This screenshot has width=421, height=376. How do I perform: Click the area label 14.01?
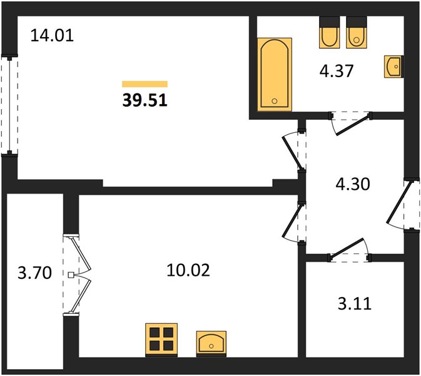52,36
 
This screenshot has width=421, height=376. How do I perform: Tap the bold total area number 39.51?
145,100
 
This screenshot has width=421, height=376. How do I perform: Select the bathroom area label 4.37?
336,71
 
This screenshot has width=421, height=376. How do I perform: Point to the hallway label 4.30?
353,184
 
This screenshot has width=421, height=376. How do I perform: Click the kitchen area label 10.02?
188,270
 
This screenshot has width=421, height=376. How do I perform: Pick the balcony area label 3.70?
34,273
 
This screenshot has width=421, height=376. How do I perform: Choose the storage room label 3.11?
355,304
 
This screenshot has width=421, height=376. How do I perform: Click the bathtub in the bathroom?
275,75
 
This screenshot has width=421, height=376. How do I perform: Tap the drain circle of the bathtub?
275,101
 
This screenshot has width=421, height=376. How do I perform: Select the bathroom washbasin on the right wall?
393,66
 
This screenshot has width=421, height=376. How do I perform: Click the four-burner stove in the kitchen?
161,340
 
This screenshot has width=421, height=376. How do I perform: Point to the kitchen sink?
211,343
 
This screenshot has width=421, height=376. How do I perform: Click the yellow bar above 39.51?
145,84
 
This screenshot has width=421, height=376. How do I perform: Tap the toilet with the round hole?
357,33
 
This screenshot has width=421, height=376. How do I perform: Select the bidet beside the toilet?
330,33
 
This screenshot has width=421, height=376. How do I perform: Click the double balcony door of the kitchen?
77,274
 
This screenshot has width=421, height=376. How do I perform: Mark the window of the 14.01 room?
9,104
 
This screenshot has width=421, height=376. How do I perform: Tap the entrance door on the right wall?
403,205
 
